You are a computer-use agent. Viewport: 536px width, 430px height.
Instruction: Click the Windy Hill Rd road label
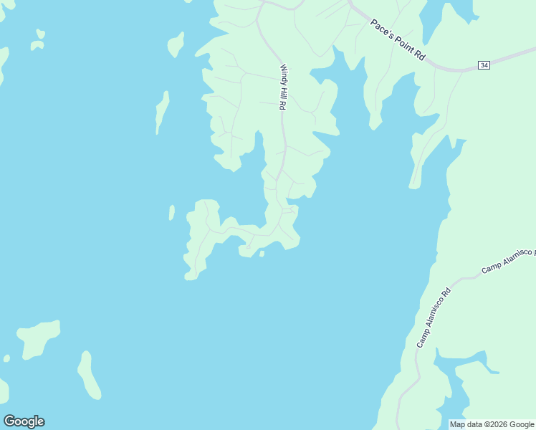283,87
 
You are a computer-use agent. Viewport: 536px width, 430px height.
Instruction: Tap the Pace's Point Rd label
398,40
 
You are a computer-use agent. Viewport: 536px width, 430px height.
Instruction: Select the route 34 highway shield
484,65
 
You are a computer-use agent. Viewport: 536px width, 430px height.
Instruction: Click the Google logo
24,421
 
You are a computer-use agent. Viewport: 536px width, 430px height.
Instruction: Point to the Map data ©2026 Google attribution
492,424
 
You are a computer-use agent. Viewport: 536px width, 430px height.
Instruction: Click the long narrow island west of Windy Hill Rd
163,112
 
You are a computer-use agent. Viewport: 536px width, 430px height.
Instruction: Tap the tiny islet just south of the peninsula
262,253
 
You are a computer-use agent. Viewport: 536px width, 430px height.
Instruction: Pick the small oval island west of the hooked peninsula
171,213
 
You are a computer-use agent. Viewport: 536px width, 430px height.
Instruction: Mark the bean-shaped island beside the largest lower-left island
89,374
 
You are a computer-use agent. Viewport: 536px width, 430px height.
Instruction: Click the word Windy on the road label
283,74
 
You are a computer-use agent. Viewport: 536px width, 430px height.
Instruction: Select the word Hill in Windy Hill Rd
283,90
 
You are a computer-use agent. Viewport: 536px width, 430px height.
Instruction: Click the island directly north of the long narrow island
175,44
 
